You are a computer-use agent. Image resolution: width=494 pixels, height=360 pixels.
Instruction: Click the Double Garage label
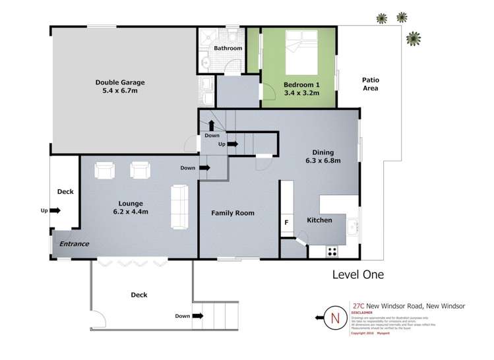119,82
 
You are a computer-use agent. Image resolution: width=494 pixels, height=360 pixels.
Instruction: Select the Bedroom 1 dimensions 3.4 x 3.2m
301,94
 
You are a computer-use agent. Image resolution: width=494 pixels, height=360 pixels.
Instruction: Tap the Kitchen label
319,220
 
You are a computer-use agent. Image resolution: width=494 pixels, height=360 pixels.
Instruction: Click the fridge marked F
286,223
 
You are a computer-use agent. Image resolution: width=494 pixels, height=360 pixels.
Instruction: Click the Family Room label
232,213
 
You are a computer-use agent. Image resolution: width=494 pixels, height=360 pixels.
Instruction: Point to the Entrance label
74,244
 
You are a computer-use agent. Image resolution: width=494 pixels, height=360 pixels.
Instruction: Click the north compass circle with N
334,319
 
